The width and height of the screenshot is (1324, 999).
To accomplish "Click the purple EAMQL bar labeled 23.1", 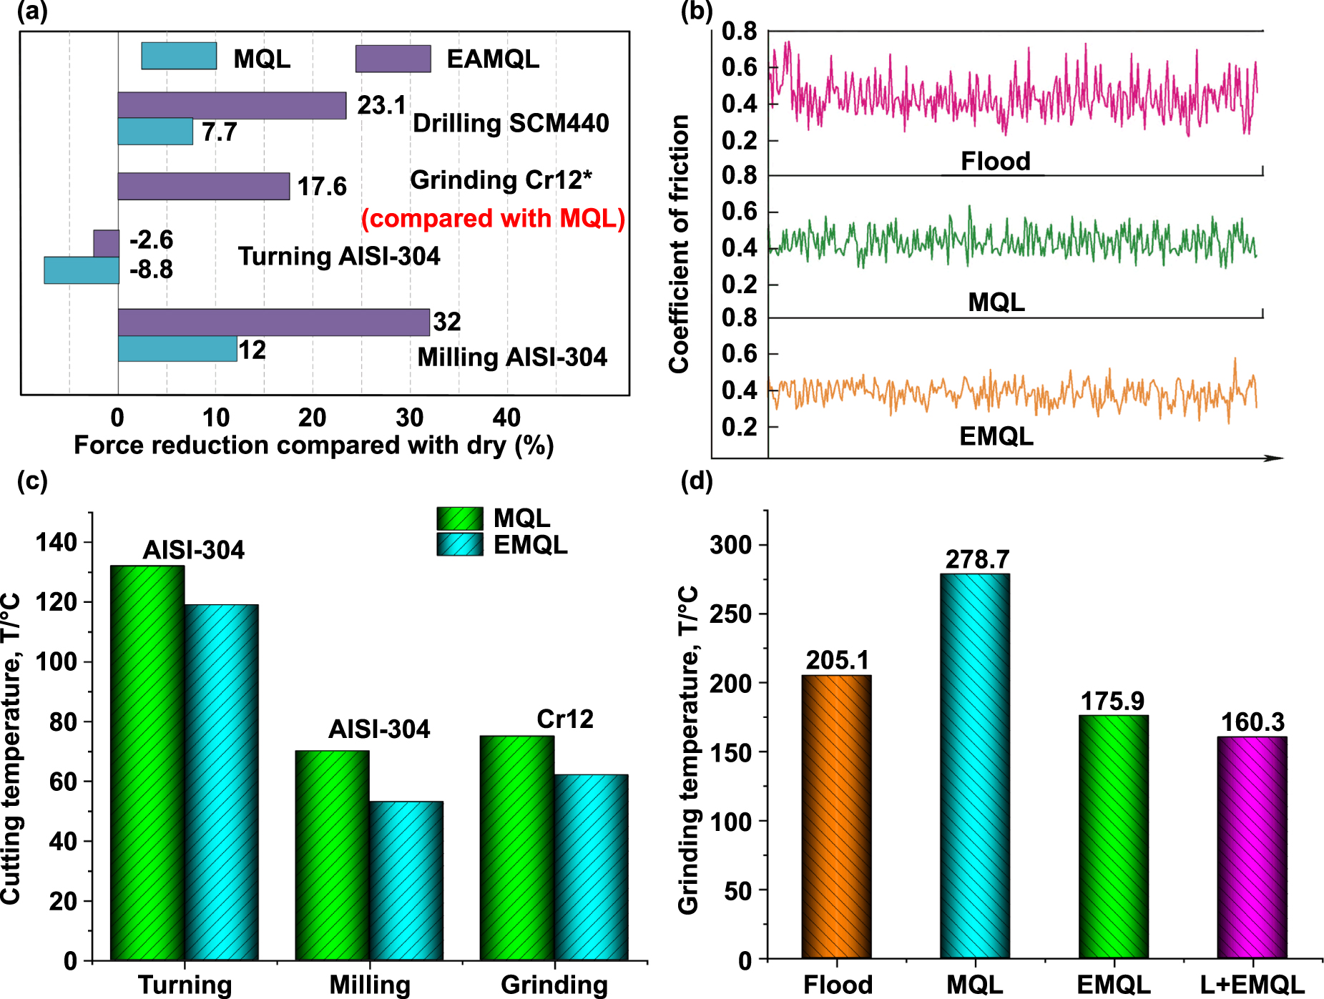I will [x=232, y=106].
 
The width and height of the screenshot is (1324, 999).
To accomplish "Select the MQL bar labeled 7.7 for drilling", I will [x=155, y=132].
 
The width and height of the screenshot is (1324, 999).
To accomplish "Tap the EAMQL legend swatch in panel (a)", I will [x=393, y=59].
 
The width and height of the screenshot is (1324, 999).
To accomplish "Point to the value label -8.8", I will [x=151, y=270].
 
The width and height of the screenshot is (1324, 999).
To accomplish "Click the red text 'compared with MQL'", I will [x=493, y=218].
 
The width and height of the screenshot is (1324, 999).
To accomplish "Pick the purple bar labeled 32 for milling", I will [x=273, y=323].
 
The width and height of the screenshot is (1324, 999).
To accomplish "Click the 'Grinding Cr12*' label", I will [x=501, y=180].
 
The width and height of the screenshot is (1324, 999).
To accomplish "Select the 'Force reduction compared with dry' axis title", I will [x=313, y=446].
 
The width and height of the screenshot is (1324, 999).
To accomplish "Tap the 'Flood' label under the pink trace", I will [x=995, y=162].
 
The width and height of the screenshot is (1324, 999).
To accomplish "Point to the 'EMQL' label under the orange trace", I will [x=996, y=436].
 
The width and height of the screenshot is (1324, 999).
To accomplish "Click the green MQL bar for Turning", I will [x=147, y=762].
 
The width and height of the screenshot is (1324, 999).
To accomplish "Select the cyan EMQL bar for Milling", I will [x=406, y=880].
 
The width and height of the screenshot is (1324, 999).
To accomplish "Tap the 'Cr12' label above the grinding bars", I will [x=565, y=719].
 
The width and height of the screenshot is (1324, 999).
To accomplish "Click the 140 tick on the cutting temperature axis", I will [x=57, y=543].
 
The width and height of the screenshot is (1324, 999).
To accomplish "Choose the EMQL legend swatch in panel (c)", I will [x=460, y=545].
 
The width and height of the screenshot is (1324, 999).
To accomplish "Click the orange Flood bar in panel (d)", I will [x=836, y=817].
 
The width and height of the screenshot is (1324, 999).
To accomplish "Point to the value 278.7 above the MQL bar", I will [x=977, y=559].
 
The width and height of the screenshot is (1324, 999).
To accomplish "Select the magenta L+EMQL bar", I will [x=1252, y=847].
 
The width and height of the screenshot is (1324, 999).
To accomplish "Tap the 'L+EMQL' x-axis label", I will [x=1252, y=985].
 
